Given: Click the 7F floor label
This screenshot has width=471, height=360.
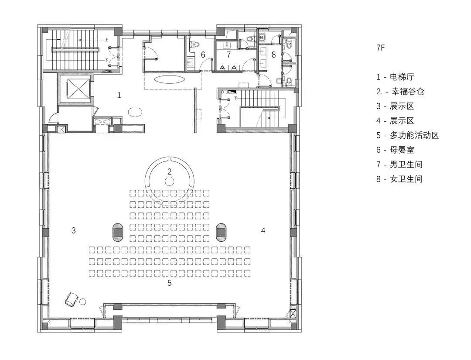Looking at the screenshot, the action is (381, 48).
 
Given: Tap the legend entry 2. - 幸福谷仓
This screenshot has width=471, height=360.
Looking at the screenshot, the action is (400, 92).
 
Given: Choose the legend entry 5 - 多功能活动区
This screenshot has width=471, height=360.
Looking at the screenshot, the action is (407, 135).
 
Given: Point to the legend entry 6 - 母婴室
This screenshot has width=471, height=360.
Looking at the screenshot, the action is (396, 150).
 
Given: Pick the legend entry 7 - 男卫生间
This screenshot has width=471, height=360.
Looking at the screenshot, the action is (399, 165).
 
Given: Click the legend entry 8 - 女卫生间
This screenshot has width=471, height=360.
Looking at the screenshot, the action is (399, 179).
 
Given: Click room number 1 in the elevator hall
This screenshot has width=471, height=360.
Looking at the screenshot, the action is (119, 95).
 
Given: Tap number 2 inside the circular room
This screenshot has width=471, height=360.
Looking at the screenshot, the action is (170, 171).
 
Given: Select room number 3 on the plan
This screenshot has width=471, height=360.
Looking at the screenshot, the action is (74, 230).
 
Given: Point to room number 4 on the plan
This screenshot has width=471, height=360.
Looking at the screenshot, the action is (263, 230).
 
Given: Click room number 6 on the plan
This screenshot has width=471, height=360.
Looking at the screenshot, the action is (203, 55).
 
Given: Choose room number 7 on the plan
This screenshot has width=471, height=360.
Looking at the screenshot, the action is (228, 55).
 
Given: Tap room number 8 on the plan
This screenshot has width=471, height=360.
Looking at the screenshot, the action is (273, 55).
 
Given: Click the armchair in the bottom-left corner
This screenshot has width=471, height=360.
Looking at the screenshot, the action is (70, 299).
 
